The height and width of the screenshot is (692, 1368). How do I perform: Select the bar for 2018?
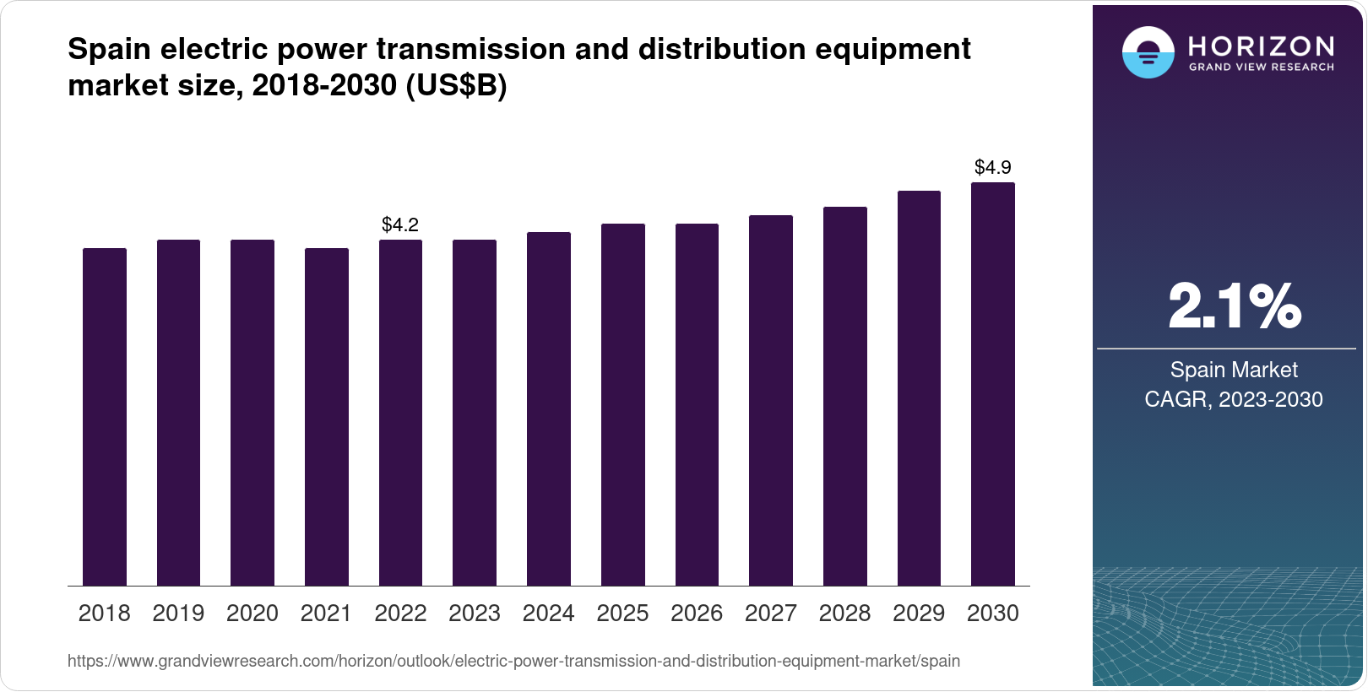[x=104, y=417]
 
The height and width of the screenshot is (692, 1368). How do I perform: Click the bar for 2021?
[x=326, y=417]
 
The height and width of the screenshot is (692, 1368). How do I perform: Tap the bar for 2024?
[x=548, y=409]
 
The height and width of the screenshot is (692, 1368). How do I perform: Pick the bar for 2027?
[x=770, y=401]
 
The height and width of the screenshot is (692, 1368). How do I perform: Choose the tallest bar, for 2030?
[x=992, y=384]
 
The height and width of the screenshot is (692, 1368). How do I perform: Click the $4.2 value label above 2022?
[x=400, y=224]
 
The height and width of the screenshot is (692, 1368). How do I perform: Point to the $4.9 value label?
[x=992, y=167]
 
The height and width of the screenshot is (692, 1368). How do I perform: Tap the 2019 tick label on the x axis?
[x=178, y=613]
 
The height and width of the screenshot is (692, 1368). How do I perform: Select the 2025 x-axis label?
[x=622, y=613]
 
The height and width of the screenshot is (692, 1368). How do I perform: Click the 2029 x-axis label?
[x=919, y=613]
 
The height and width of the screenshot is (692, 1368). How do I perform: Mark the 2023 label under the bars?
[x=475, y=613]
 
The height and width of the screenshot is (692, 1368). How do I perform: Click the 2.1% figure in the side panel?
[x=1234, y=306]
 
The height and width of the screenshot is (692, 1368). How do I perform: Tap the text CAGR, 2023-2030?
[x=1233, y=399]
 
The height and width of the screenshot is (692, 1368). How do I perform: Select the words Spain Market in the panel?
[x=1233, y=370]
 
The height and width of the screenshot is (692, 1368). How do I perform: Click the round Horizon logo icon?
[x=1148, y=52]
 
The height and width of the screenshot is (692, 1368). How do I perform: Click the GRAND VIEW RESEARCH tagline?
[x=1261, y=67]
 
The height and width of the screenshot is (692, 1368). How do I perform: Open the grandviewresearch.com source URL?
[x=513, y=661]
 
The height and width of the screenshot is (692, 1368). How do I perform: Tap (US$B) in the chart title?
[x=456, y=85]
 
